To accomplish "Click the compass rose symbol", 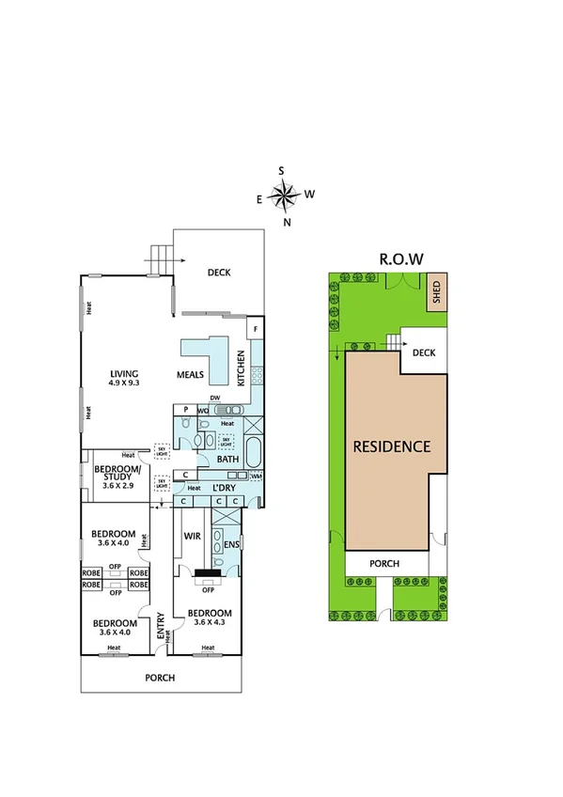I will pyautogui.click(x=282, y=196).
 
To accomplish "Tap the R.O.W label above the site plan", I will pyautogui.click(x=401, y=258).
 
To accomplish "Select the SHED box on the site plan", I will pyautogui.click(x=436, y=292).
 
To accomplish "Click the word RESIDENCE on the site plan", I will pyautogui.click(x=391, y=446).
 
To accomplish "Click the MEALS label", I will pyautogui.click(x=190, y=375).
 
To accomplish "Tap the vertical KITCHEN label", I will pyautogui.click(x=241, y=368).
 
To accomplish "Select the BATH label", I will pyautogui.click(x=228, y=460).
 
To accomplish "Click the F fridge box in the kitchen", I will pyautogui.click(x=251, y=329).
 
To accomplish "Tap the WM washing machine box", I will pyautogui.click(x=256, y=477).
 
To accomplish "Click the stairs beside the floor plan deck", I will pyautogui.click(x=162, y=255).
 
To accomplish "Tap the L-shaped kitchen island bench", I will pyautogui.click(x=211, y=360).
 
